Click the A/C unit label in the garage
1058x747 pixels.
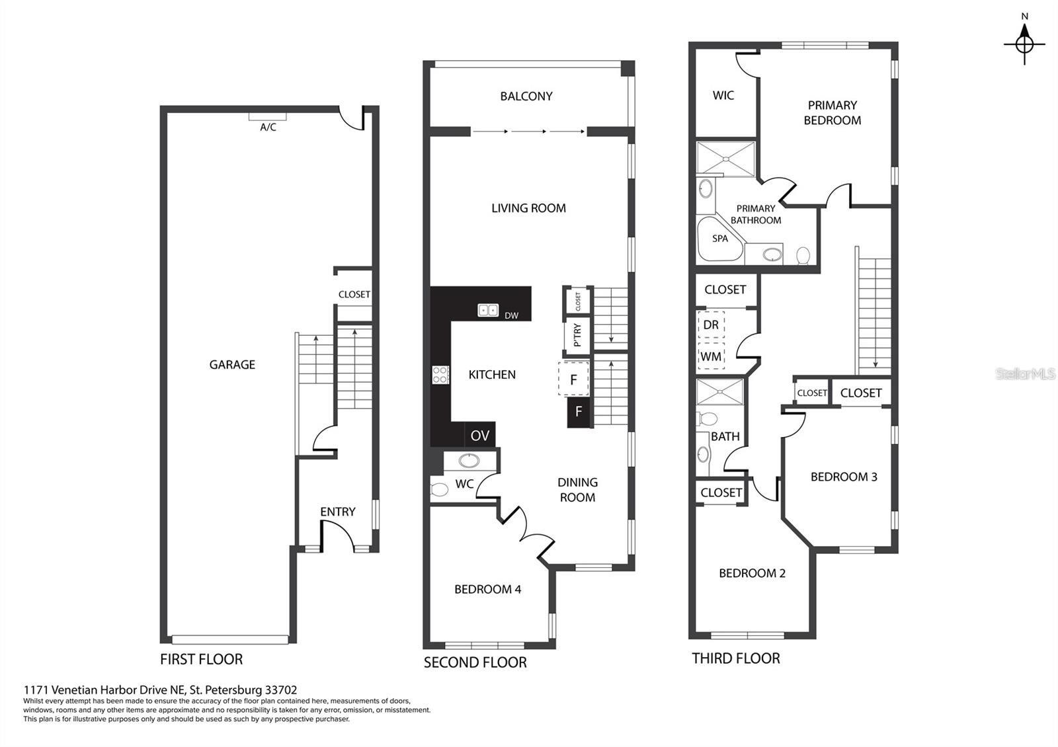coord(268,127)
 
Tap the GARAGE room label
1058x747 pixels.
coord(232,364)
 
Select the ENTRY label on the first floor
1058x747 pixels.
coord(338,512)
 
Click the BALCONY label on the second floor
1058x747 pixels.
coord(526,97)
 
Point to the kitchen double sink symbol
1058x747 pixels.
coord(488,310)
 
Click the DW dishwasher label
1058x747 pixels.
coord(512,315)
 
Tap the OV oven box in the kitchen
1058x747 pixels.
coord(480,435)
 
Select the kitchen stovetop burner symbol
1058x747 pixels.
coord(440,375)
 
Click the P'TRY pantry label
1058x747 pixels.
coord(577,335)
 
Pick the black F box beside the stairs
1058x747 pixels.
coord(579,412)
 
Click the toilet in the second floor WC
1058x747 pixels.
coord(439,489)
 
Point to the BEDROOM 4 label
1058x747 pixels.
coord(487,589)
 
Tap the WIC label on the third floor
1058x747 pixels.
coord(723,95)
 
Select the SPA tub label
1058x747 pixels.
coord(720,239)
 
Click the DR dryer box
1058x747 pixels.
coord(711,325)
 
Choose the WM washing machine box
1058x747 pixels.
coord(711,356)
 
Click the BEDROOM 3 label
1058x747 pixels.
coord(844,477)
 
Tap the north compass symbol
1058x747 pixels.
coord(1024,44)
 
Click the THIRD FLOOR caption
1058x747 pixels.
coord(736,658)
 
